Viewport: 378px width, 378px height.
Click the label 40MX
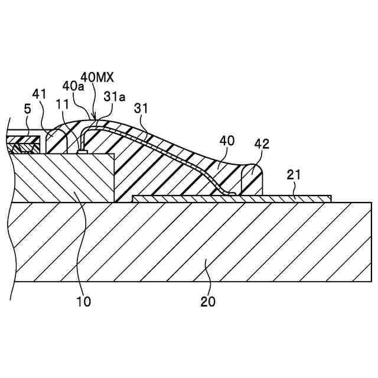[x=97, y=77]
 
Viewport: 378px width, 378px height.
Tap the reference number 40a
[x=74, y=87]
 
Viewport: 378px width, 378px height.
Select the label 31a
[x=115, y=96]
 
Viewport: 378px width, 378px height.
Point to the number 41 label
[x=40, y=94]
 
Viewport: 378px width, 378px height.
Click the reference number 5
[x=27, y=109]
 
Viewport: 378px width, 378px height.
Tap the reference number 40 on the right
[x=227, y=141]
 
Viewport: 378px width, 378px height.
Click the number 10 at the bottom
[x=83, y=301]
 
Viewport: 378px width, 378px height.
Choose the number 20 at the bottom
[x=208, y=301]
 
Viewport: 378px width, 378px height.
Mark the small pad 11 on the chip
[x=83, y=152]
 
